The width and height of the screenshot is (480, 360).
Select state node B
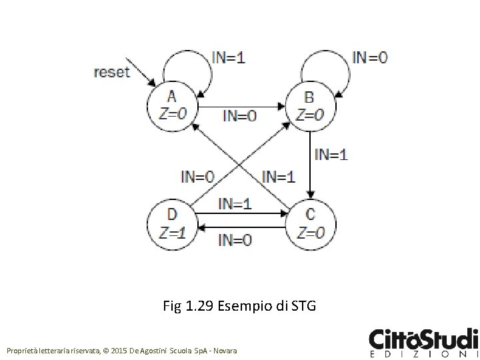(311, 105)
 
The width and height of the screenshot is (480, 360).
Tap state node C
(311, 223)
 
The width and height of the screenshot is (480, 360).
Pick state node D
(171, 223)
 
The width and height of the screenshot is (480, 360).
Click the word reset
(111, 72)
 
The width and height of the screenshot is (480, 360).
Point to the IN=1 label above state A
(228, 57)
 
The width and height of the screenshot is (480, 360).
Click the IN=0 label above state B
(370, 57)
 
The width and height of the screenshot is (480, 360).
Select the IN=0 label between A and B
(239, 116)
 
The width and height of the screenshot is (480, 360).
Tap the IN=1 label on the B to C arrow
(331, 155)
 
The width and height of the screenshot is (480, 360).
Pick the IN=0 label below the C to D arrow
(235, 239)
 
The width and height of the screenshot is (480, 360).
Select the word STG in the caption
(304, 307)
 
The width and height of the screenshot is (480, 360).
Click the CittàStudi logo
(423, 343)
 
